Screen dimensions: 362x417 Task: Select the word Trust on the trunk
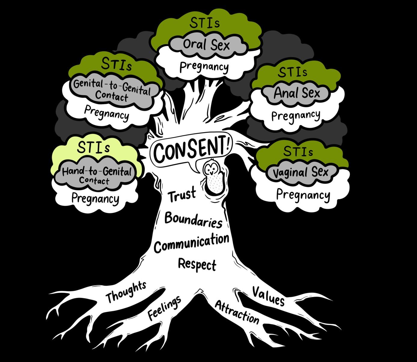coord(182,195)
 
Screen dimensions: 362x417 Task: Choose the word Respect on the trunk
coord(197,264)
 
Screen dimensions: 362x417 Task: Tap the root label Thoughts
coord(126,292)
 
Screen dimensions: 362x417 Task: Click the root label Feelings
coord(165,308)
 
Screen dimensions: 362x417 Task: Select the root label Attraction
coord(237,312)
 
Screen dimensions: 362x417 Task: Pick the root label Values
coord(268,296)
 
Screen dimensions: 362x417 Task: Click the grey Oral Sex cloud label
coord(206,45)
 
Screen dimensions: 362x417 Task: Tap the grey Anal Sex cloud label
coord(297,93)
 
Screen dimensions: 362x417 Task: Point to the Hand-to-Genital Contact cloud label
coord(97,175)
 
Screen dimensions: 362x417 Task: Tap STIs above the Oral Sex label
coord(204,23)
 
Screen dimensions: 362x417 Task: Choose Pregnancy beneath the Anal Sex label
coord(296,115)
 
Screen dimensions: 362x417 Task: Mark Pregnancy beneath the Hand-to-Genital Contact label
coord(95,198)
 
